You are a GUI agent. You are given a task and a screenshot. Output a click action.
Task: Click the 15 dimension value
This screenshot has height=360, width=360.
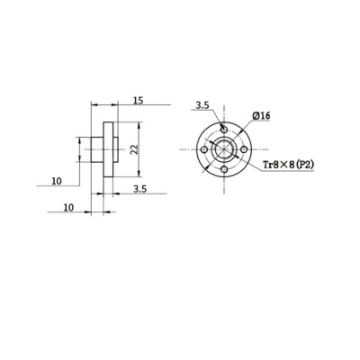tap(137, 100)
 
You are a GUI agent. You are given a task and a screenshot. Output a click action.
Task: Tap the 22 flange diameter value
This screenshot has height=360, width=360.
tap(134, 149)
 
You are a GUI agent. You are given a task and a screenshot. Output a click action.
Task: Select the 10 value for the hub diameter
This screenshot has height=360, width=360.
tap(57, 181)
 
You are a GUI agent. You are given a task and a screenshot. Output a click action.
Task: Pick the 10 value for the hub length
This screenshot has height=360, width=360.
tap(68, 207)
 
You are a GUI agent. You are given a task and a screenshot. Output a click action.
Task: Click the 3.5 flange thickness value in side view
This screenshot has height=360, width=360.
tap(139, 190)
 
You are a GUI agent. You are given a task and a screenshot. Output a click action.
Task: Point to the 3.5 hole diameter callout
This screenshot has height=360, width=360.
tap(202, 105)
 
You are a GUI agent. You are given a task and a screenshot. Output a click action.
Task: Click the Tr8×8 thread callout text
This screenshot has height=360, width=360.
tap(281, 165)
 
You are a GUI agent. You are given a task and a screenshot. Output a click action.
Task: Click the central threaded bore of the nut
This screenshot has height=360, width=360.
tap(224, 150)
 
